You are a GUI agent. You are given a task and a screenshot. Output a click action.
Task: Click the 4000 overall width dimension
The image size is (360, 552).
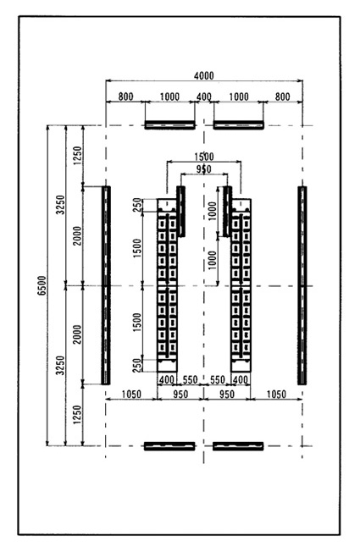click(204, 75)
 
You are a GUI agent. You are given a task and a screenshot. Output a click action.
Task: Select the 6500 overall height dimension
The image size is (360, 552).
click(42, 285)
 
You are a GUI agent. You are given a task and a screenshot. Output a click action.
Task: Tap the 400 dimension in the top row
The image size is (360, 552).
click(204, 97)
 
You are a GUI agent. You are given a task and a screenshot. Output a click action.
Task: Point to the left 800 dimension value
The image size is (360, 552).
click(125, 97)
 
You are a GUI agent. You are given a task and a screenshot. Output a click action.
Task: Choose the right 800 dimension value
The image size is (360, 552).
click(283, 97)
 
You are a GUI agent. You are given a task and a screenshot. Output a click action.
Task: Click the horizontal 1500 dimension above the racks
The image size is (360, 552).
click(204, 157)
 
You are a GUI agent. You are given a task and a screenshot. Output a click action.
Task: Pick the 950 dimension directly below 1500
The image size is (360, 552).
click(203, 169)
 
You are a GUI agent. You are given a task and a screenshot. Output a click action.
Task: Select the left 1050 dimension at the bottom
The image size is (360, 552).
click(131, 394)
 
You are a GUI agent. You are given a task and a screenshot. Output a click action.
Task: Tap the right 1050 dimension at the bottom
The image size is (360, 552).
click(276, 394)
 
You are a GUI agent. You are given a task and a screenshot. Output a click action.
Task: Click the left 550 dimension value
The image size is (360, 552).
click(190, 380)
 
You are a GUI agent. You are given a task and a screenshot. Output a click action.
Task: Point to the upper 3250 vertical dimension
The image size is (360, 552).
click(61, 205)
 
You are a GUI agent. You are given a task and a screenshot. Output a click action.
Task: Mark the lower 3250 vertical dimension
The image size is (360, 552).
click(61, 366)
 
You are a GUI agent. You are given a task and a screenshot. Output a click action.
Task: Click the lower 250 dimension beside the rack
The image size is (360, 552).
click(137, 364)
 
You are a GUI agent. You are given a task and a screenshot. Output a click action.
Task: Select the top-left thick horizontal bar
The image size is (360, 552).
click(169, 125)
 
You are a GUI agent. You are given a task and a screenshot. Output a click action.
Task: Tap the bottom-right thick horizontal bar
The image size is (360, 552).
click(238, 446)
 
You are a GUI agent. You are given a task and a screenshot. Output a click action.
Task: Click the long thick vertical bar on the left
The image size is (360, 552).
click(106, 285)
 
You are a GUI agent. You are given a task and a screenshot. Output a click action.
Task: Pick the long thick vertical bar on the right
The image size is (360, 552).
click(302, 285)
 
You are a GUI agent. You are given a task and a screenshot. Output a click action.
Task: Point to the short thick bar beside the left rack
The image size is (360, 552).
click(181, 211)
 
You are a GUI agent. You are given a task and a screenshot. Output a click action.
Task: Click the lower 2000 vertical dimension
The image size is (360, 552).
click(77, 334)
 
